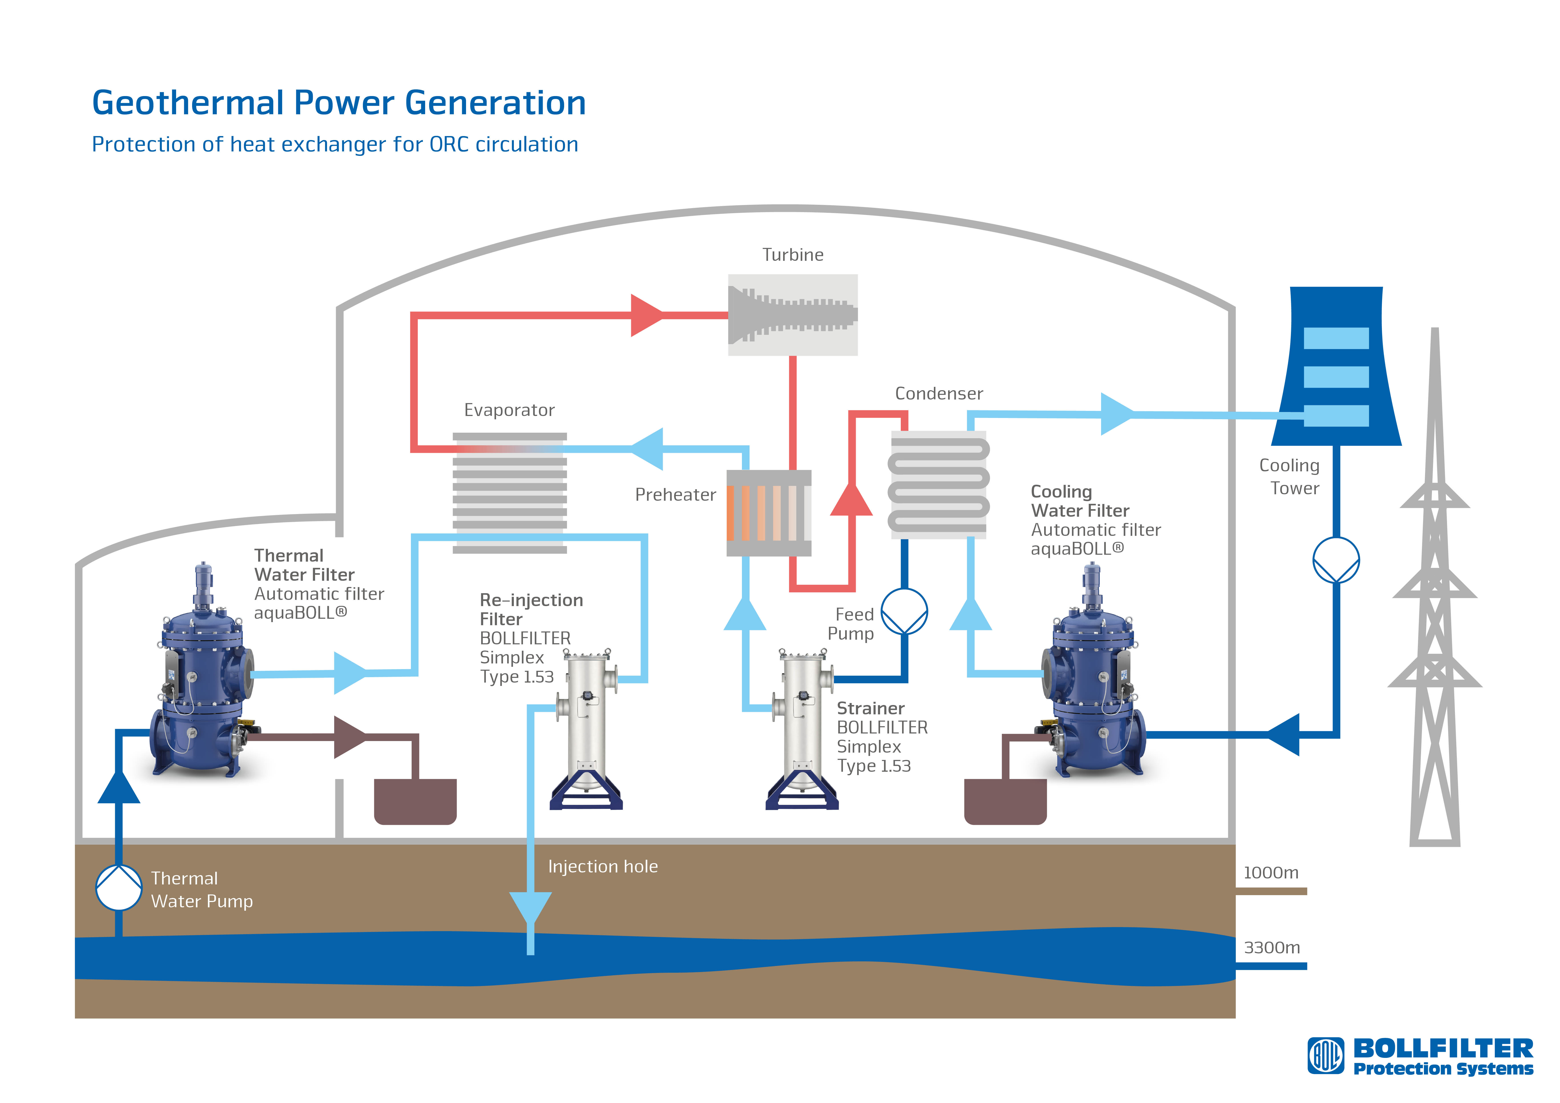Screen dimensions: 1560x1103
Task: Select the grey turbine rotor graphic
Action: (x=792, y=315)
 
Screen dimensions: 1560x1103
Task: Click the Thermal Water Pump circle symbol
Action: (x=119, y=888)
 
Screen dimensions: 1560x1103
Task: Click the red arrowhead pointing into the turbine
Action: (x=647, y=315)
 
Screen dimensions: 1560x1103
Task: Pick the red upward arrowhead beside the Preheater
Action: (x=851, y=499)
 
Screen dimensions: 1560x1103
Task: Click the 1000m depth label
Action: (x=1271, y=873)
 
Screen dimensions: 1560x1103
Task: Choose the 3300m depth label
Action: (x=1272, y=947)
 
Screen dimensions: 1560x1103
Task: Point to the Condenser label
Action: (x=939, y=394)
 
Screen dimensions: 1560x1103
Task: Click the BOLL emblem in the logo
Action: (x=1326, y=1055)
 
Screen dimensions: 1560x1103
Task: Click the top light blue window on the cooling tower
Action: (x=1336, y=338)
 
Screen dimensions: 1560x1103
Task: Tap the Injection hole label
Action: (x=603, y=866)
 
